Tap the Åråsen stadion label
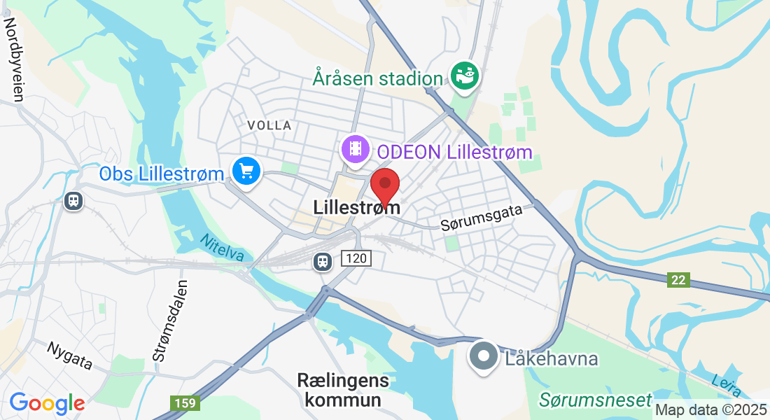click(x=378, y=78)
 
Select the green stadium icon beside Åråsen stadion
click(x=465, y=76)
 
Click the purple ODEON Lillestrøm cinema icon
click(x=356, y=149)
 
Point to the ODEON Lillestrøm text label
click(x=454, y=151)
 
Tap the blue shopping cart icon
click(x=246, y=170)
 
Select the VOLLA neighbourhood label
click(x=269, y=125)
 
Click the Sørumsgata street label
click(x=482, y=218)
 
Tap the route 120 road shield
click(x=356, y=259)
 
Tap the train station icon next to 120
click(x=322, y=261)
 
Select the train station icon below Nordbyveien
click(x=73, y=202)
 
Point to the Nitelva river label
click(x=222, y=248)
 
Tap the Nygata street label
click(x=70, y=356)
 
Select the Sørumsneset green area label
click(x=595, y=400)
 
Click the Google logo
click(x=47, y=403)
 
